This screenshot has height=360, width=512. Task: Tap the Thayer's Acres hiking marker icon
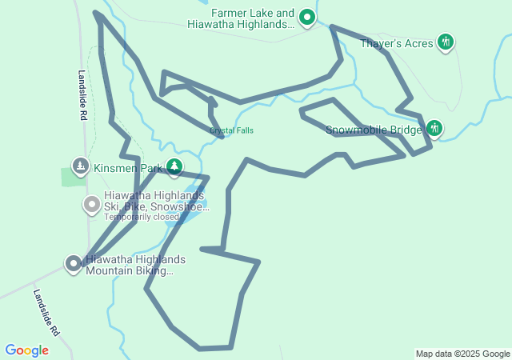click(446, 42)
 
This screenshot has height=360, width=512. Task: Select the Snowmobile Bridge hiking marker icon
click(434, 128)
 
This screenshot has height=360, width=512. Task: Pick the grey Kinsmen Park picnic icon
click(80, 167)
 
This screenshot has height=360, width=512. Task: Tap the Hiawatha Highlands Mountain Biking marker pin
click(74, 263)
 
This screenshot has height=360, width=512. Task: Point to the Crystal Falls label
click(232, 130)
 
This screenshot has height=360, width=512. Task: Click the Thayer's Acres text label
click(397, 43)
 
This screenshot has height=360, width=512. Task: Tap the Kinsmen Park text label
click(128, 168)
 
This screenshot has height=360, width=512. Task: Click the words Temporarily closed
click(142, 217)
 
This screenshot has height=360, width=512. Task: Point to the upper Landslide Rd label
click(82, 95)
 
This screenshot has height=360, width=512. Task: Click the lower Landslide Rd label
click(46, 312)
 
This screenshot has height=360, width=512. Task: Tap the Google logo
click(26, 350)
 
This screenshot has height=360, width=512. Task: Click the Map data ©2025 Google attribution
click(462, 354)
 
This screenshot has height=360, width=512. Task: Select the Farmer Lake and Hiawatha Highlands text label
click(241, 19)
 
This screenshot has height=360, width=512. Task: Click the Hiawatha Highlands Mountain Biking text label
click(135, 266)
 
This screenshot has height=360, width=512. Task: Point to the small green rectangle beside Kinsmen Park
click(74, 177)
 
